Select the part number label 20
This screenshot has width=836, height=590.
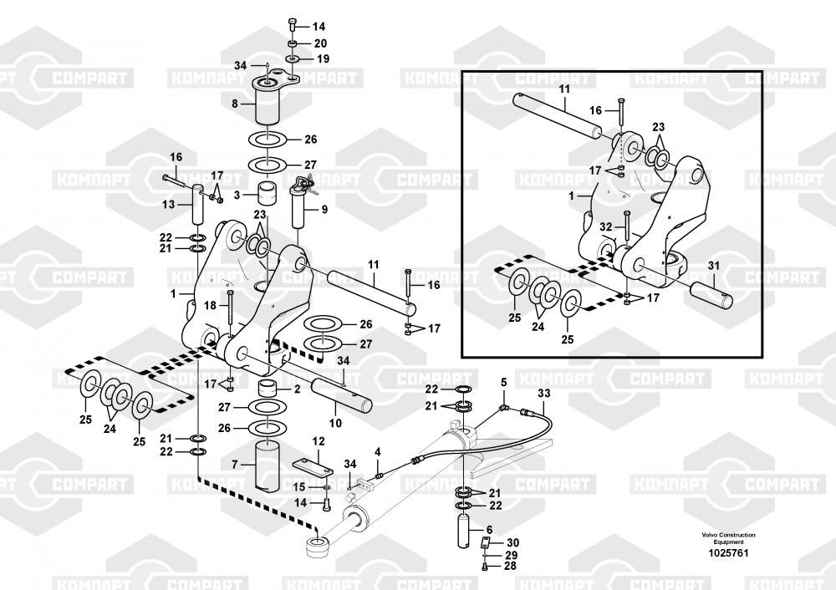[x=320, y=43]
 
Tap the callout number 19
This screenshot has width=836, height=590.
[x=323, y=59]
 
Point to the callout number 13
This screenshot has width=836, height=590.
[x=168, y=204]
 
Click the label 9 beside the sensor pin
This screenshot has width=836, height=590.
[x=324, y=210]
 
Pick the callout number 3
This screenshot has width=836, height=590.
[x=237, y=195]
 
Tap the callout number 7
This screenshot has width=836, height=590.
[x=235, y=463]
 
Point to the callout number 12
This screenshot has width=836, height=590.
[x=319, y=441]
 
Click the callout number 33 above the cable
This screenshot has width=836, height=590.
[x=543, y=393]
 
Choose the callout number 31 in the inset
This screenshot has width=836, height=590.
[x=713, y=267]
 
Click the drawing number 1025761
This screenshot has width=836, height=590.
[x=728, y=552]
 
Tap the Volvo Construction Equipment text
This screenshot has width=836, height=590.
[x=728, y=538]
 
